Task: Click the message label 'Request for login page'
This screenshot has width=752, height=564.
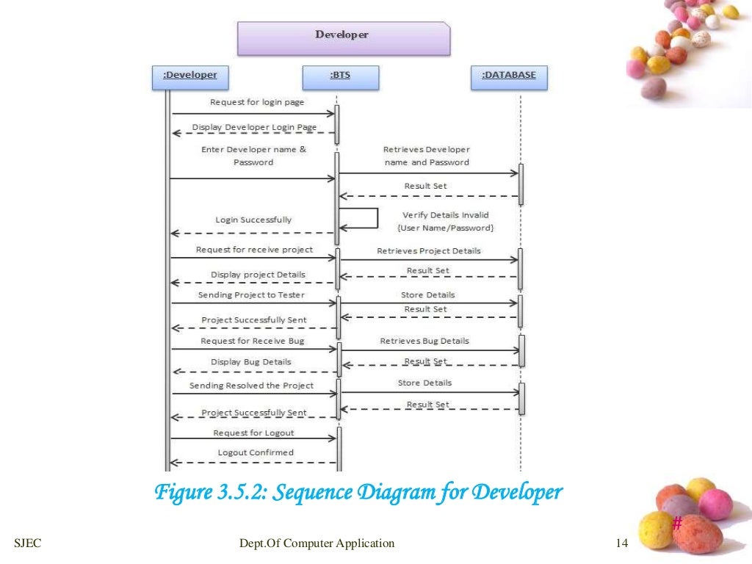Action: click(x=256, y=102)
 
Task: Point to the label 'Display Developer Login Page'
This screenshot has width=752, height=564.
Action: click(x=254, y=127)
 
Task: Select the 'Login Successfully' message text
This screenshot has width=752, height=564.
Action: click(x=253, y=220)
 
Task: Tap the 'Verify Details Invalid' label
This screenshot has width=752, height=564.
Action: click(x=445, y=215)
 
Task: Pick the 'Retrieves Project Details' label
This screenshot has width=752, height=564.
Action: click(x=429, y=250)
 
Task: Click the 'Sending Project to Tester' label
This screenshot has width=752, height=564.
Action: click(x=251, y=294)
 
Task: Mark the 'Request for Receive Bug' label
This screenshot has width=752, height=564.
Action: click(x=252, y=341)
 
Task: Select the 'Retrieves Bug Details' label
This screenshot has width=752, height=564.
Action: click(x=424, y=341)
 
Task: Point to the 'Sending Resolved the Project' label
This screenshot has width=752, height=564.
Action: click(x=251, y=385)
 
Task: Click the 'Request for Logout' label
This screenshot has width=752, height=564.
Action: click(x=253, y=433)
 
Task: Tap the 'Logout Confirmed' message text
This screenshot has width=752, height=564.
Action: click(x=256, y=452)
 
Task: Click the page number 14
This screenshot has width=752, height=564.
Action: click(x=622, y=543)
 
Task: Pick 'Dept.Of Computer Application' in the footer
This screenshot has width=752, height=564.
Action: click(x=317, y=543)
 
